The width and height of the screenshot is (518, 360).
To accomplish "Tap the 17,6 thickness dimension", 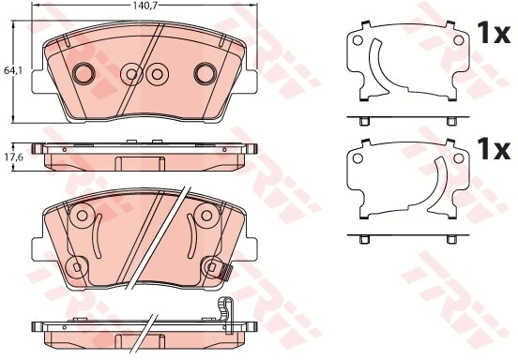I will click(x=11, y=157).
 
